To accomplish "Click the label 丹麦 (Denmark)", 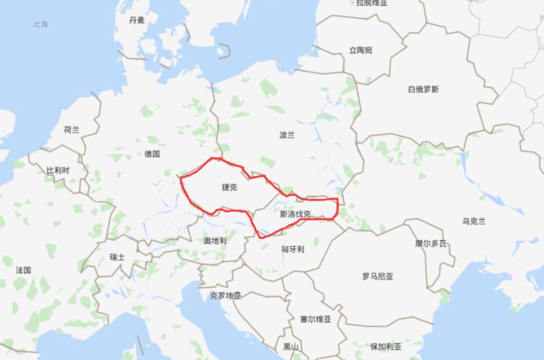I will (x=136, y=20).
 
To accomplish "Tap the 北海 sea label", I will (x=39, y=25).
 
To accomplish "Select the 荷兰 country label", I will (x=71, y=130).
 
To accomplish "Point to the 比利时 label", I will (x=59, y=170).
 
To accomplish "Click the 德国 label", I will (x=152, y=154).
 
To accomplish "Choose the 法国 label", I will (x=23, y=270).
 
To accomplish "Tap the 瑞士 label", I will (x=117, y=257).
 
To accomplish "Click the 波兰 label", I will (x=287, y=135).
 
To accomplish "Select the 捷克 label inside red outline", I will (x=229, y=187).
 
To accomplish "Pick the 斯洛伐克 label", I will (x=296, y=214).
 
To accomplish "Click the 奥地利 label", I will (x=215, y=240).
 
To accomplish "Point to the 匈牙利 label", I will (x=292, y=249).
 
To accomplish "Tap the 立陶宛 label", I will (x=360, y=50).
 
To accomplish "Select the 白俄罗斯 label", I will (x=423, y=89).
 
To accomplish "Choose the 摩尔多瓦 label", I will (x=431, y=243).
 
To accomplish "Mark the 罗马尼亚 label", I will (x=377, y=277).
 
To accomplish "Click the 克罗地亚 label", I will (x=225, y=296).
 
